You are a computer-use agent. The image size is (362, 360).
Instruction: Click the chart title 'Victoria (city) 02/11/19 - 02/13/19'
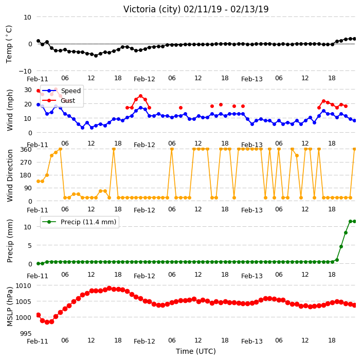tap(196, 9)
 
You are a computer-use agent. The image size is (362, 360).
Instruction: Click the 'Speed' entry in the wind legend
tap(70, 91)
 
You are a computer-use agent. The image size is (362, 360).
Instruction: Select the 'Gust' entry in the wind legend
tap(68, 101)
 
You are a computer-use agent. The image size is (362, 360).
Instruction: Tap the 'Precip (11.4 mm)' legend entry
tap(88, 222)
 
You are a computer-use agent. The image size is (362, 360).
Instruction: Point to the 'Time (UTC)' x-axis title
tap(196, 351)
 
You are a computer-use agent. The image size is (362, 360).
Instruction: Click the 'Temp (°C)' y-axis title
tap(9, 44)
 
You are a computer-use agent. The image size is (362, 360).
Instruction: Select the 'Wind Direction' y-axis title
tap(10, 175)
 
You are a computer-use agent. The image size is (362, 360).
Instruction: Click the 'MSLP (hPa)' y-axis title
tap(10, 306)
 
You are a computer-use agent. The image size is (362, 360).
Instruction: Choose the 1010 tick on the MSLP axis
tap(23, 285)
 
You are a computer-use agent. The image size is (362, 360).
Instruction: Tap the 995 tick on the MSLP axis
tap(26, 333)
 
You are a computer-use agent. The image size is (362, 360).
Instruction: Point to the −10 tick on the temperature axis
tap(25, 71)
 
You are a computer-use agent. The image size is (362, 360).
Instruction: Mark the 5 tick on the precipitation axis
tap(29, 245)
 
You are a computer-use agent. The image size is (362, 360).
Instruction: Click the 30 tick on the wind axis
tap(28, 89)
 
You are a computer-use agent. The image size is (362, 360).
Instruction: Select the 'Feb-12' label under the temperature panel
tap(144, 79)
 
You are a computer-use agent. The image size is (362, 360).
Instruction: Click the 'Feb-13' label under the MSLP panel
tap(252, 341)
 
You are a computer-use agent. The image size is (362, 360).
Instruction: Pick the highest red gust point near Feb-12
tap(140, 96)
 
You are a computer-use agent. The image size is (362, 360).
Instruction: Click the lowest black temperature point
tap(96, 56)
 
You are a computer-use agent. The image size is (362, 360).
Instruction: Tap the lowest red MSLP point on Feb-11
tap(47, 322)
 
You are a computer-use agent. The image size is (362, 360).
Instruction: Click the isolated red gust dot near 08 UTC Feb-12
tap(181, 108)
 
